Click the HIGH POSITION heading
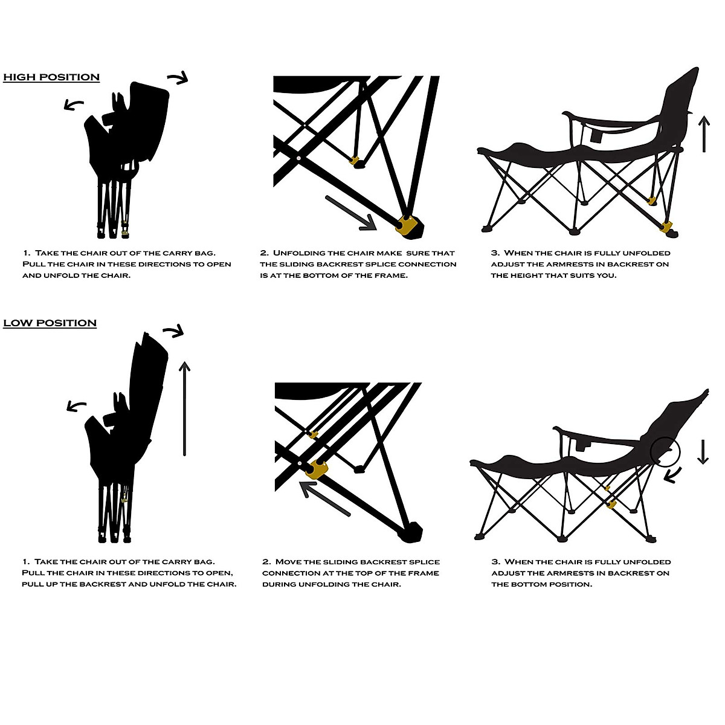point(51,77)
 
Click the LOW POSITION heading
point(50,323)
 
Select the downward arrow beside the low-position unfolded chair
point(702,451)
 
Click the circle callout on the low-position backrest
point(665,451)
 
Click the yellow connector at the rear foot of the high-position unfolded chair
point(666,227)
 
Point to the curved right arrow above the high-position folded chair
point(178,77)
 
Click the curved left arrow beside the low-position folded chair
point(76,406)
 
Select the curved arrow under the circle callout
point(673,475)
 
